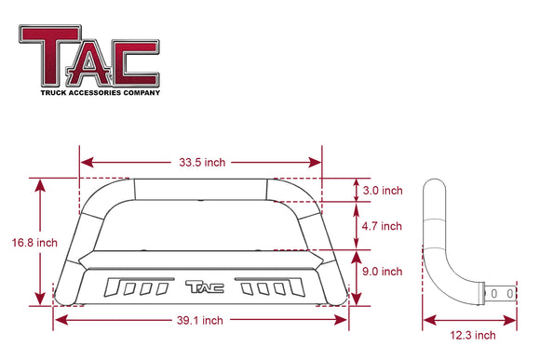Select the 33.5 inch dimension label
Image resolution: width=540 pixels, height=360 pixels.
[201, 162]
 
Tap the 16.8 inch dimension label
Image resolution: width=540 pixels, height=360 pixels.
[35, 243]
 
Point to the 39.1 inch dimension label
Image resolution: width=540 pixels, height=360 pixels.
[201, 320]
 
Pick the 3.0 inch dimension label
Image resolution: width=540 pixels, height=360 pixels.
[382, 190]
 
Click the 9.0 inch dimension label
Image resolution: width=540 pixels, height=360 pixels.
[381, 272]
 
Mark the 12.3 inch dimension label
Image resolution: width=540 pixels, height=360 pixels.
[471, 335]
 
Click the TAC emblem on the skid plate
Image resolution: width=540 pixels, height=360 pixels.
[202, 287]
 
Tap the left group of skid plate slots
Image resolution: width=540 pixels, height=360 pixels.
[137, 287]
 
